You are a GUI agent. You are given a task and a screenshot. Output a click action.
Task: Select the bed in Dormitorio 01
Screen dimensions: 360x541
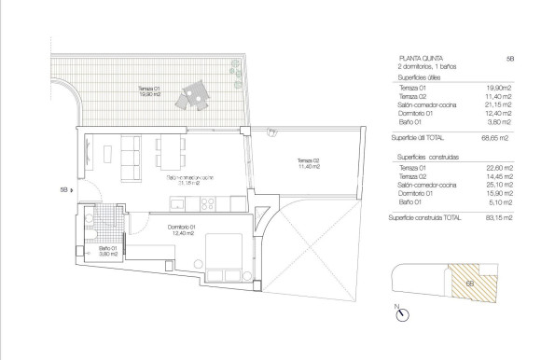(225, 253)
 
